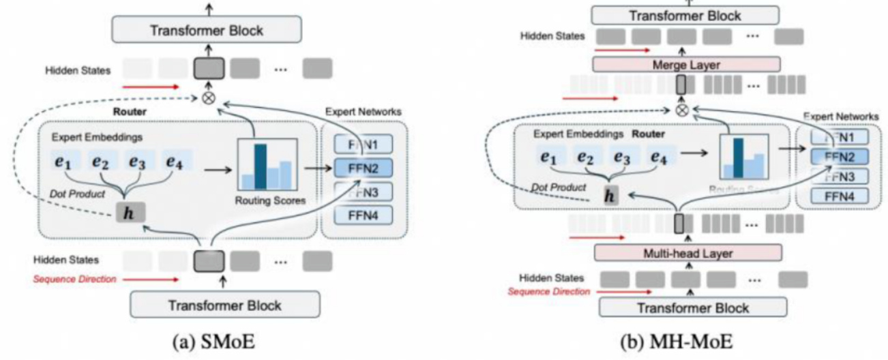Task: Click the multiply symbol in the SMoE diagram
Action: (x=209, y=97)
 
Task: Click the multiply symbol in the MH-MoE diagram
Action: (x=680, y=110)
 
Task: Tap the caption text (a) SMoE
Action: (x=209, y=342)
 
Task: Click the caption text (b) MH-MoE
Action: (x=675, y=342)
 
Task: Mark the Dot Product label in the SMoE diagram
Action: (x=76, y=193)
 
